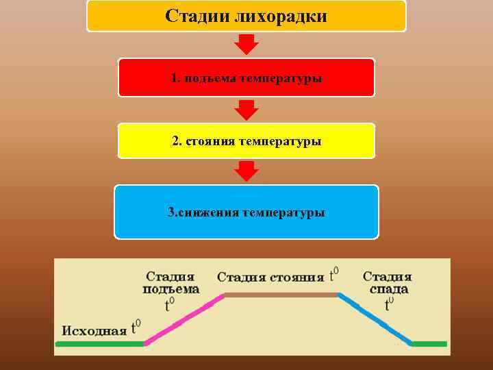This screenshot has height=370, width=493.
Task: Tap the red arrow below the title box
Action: (246, 44)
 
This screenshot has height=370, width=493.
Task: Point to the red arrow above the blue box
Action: (246, 171)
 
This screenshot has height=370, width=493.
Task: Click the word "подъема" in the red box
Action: (207, 78)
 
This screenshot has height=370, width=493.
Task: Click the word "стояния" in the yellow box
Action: (210, 142)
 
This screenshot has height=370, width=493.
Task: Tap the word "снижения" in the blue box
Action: (208, 212)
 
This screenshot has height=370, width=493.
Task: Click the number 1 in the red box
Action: (175, 78)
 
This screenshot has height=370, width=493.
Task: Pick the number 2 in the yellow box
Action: (175, 142)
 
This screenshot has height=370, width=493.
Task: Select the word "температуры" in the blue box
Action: (282, 212)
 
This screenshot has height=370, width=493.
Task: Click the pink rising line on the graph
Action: (184, 320)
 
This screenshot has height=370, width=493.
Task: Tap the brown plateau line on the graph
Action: (281, 295)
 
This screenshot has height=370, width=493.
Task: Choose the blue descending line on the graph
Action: (375, 320)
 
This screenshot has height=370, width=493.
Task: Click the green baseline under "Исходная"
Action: (100, 344)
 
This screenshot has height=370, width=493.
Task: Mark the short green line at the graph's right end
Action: (429, 344)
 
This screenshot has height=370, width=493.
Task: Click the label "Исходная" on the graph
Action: (94, 330)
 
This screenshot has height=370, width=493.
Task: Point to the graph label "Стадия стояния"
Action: (270, 277)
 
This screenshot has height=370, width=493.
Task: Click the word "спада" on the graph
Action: (388, 289)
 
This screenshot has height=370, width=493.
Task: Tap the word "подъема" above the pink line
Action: (171, 289)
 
